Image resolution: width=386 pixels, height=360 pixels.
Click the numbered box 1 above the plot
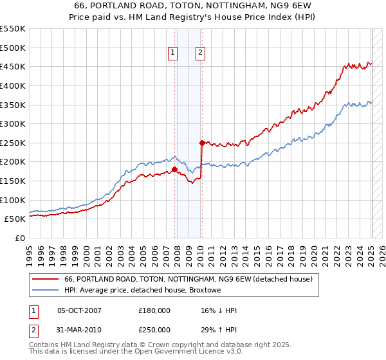tap(174, 53)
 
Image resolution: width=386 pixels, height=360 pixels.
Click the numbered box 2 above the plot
tap(201, 53)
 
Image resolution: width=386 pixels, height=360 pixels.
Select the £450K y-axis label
tap(14, 66)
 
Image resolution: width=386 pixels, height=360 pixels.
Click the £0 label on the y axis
tap(20, 238)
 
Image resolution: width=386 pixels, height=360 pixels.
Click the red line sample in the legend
tap(46, 279)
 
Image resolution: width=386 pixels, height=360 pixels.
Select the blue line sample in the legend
tap(46, 290)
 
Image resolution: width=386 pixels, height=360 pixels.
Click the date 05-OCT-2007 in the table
tap(79, 310)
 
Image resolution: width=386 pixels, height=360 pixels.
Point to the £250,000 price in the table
tap(154, 329)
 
